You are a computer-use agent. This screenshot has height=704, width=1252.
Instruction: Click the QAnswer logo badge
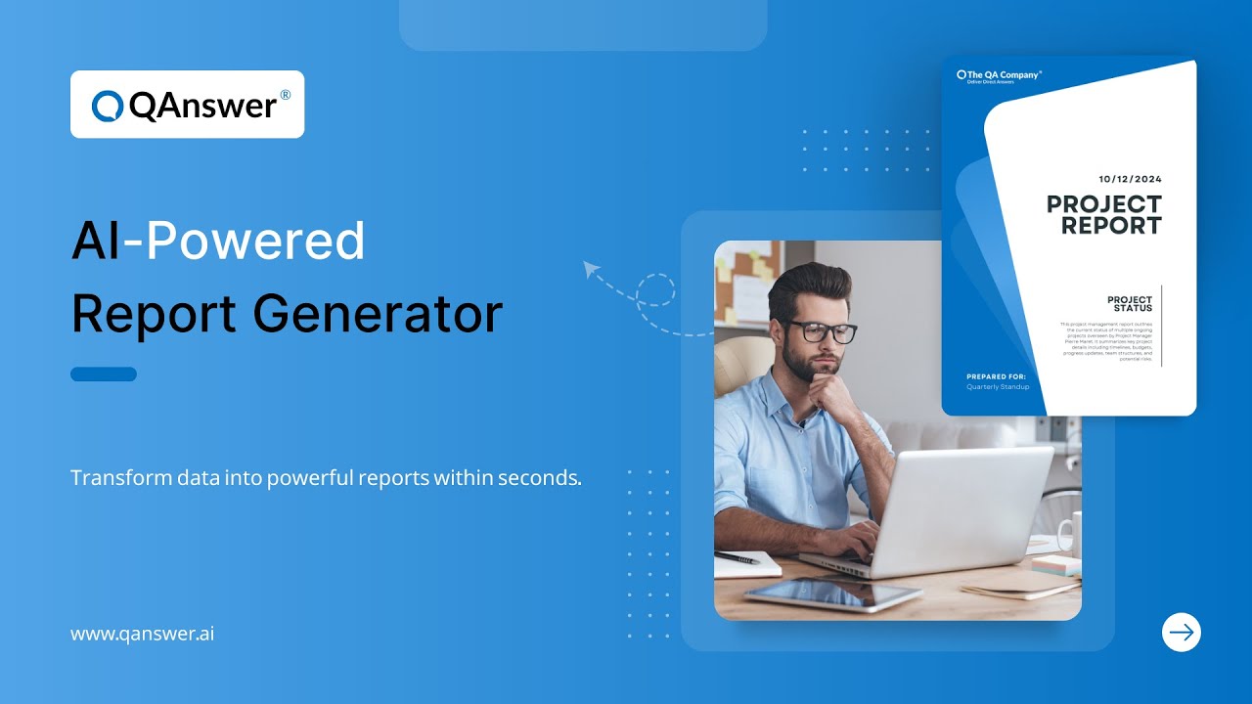(x=187, y=105)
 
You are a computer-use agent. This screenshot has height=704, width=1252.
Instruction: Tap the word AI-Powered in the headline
(x=218, y=242)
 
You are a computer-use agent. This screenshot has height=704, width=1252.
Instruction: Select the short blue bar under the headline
(x=104, y=374)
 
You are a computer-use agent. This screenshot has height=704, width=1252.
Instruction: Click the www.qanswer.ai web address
(x=142, y=634)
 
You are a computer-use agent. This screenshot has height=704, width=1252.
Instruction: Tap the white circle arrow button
(x=1182, y=632)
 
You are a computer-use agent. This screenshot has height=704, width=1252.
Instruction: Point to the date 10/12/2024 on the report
(x=1130, y=179)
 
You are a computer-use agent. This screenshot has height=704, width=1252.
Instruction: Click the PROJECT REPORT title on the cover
(x=1104, y=215)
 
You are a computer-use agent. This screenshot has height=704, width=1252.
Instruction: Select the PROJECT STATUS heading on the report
(x=1130, y=303)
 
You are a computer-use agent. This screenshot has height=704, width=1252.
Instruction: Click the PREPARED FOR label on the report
(x=997, y=375)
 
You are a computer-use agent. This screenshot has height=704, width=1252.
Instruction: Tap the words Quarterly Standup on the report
(x=998, y=387)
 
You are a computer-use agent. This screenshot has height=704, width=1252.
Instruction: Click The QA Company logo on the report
(x=999, y=75)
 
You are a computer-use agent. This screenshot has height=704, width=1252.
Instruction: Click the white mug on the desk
(x=1069, y=534)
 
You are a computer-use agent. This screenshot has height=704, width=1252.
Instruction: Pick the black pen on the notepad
(x=738, y=557)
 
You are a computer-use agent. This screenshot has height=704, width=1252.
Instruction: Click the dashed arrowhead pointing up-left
(x=590, y=268)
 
